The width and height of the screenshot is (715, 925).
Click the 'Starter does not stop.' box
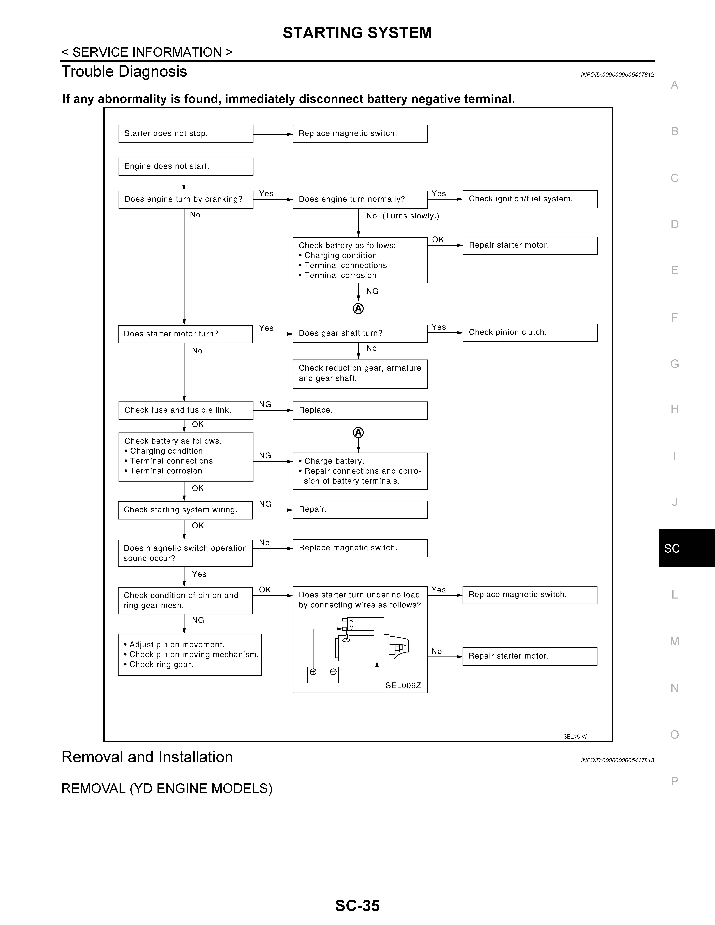click(x=186, y=134)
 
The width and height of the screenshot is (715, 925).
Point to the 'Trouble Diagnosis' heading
click(x=124, y=72)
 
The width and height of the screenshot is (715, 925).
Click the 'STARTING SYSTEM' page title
click(x=357, y=33)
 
